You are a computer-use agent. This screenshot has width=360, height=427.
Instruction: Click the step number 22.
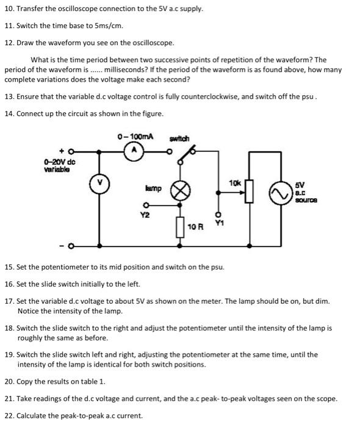(x=9, y=415)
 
